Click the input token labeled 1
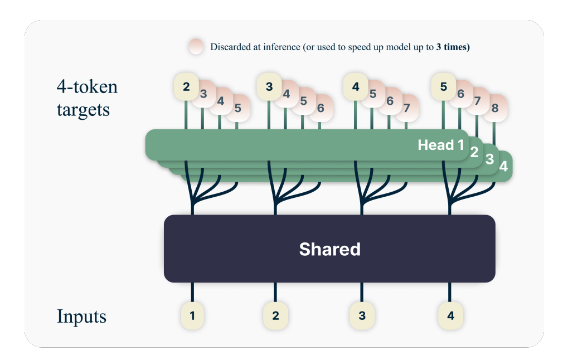192,315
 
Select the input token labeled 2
275,315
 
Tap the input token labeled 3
362,315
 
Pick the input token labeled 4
450,315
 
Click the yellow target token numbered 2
186,87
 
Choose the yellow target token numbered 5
444,87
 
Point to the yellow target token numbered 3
269,87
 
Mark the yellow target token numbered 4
356,87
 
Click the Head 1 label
441,145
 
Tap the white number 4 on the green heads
503,166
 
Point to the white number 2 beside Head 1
474,152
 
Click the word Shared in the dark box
329,249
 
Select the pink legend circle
196,47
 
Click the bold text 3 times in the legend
453,47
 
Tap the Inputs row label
81,317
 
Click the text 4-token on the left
88,87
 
